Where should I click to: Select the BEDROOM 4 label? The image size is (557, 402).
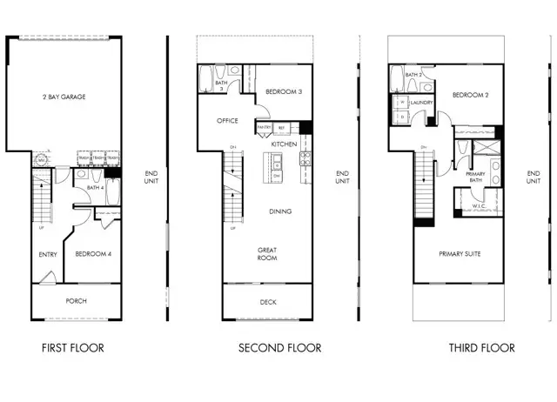point(91,254)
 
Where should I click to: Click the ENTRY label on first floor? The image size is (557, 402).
point(48,254)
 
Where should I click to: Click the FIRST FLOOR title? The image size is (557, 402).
point(73,348)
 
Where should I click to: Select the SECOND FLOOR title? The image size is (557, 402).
point(280,348)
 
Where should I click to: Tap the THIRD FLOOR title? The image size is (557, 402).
point(481,348)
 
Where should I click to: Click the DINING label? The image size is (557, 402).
point(279,211)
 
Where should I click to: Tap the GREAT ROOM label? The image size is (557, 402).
point(266,254)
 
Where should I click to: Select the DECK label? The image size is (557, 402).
point(268,303)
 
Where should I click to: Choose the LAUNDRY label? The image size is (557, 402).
point(422,101)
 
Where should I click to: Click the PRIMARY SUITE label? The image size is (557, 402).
point(460,254)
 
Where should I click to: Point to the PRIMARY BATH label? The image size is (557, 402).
point(475,178)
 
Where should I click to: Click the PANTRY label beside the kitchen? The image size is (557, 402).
point(263,127)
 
